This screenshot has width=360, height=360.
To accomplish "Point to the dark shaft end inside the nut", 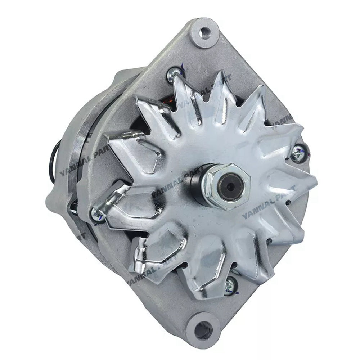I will [x=231, y=186].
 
